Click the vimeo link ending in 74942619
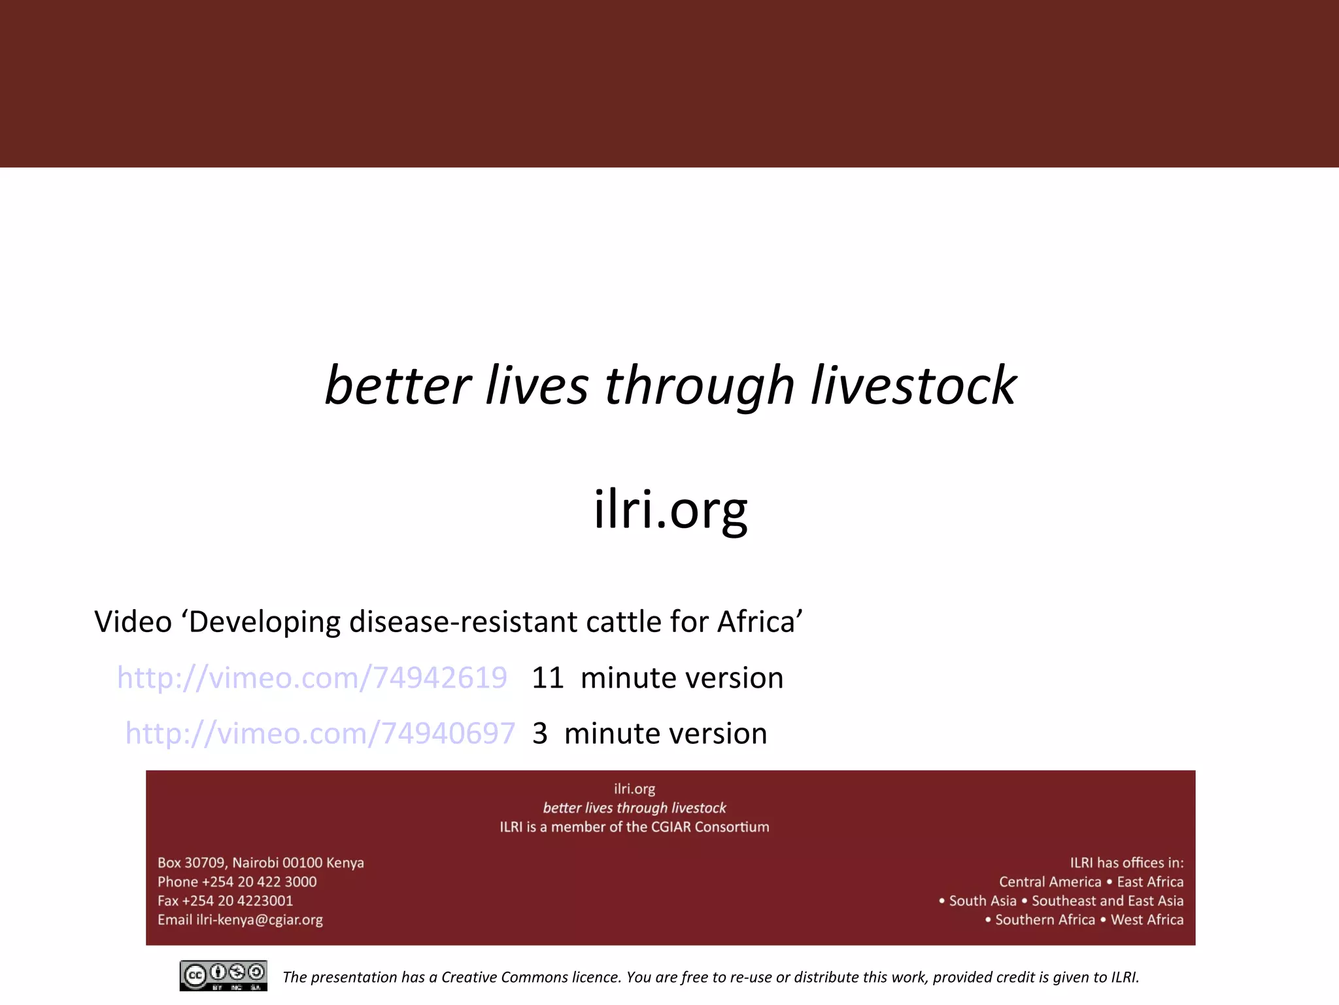(x=312, y=678)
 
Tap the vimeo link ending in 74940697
(x=320, y=733)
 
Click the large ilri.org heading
(x=670, y=510)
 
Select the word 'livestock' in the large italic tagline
(x=913, y=385)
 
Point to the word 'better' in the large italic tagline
(x=398, y=385)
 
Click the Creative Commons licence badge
(x=223, y=976)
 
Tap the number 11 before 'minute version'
(x=547, y=678)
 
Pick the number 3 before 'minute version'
(x=539, y=733)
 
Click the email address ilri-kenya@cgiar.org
(x=260, y=920)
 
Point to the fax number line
(x=225, y=901)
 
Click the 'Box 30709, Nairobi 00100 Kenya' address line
(x=260, y=863)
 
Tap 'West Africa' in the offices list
(x=1147, y=920)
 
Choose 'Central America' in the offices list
(x=1050, y=882)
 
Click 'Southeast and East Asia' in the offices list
(x=1108, y=901)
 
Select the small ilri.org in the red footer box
(x=634, y=789)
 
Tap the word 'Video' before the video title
(x=133, y=622)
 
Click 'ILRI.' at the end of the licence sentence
(x=1125, y=978)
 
